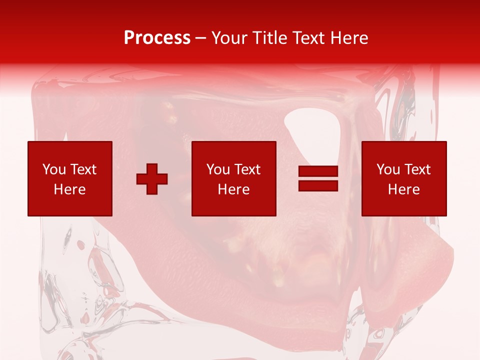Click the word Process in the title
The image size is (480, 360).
pos(157,38)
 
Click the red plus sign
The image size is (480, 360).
pos(152,179)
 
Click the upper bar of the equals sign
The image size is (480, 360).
pos(318,172)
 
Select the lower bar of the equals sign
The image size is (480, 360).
pos(318,185)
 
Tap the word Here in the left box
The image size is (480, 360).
pos(69,189)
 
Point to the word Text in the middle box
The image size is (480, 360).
pos(247,169)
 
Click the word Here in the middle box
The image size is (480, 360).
pos(233,189)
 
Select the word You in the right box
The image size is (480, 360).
pos(388,169)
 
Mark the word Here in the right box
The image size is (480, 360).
pos(403,189)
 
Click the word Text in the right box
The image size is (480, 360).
pos(417,169)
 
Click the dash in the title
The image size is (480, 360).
pos(201,38)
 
